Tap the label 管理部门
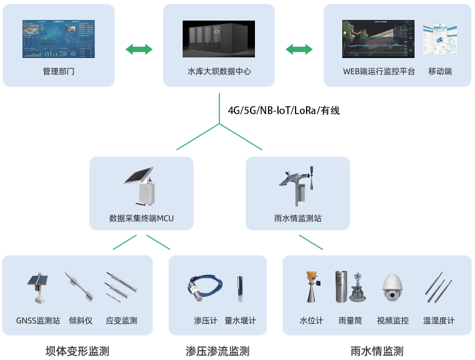[59, 71]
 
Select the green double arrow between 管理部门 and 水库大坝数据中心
[139, 49]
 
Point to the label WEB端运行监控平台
[379, 71]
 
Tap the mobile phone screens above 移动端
[440, 39]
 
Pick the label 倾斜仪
[81, 321]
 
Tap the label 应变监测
[122, 321]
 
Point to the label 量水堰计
[240, 321]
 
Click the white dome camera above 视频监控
[393, 288]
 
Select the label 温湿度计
[439, 321]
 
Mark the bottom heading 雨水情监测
[377, 351]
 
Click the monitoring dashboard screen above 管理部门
[59, 39]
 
